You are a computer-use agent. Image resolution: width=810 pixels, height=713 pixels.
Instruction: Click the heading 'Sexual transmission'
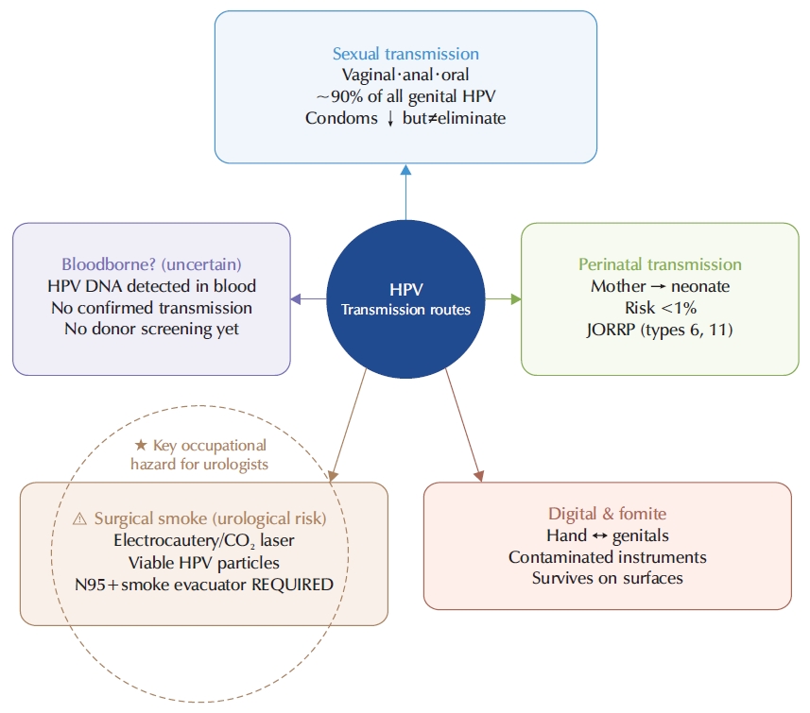coord(405,54)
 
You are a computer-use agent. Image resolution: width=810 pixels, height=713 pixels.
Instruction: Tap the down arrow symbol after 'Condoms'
coord(390,119)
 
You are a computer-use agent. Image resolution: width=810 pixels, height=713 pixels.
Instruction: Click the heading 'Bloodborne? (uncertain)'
coord(151,264)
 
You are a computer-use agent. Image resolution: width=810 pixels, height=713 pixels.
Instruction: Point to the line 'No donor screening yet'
coord(151,329)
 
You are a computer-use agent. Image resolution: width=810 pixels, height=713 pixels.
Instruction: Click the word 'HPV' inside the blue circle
coord(406,289)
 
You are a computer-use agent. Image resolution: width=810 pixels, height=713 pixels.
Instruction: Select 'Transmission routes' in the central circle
coord(405,310)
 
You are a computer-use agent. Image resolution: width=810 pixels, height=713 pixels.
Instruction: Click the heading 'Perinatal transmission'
coord(660,264)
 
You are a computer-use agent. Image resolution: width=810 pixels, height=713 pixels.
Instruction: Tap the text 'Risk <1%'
coord(660,308)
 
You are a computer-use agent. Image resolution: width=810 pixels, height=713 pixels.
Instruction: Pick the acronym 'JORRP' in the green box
coord(611,330)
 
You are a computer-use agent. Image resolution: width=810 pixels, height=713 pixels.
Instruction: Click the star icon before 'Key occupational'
coord(141,445)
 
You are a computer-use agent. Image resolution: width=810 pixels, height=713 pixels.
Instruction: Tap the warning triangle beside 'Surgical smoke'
coord(79,518)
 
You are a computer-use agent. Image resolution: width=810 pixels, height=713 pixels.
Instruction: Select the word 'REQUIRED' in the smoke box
coord(292,585)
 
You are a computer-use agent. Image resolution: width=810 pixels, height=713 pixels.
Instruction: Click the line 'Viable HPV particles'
coord(203,563)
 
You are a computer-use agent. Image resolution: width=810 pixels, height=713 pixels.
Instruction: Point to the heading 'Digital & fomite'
coord(607,514)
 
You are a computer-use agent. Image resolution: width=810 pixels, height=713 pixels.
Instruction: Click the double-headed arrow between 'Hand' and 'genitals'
coord(599,535)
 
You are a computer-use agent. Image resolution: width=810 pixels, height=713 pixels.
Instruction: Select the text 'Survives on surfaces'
coord(607,578)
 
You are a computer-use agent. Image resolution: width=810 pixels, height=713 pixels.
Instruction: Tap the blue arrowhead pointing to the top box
coord(406,170)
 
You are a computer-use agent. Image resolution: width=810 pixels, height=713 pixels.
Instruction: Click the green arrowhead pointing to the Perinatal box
coord(515,299)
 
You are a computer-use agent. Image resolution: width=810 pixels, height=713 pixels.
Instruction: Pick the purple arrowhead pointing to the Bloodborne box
coord(296,299)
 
